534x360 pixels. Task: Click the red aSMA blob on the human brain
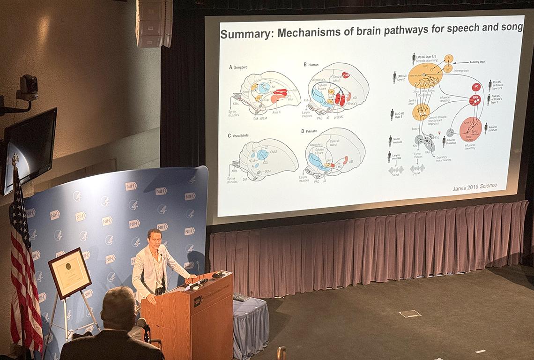(346, 75)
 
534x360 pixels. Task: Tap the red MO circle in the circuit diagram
(475, 87)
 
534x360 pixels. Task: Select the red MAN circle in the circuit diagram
(475, 99)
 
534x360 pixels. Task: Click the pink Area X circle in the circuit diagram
(470, 129)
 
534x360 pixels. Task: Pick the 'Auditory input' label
(477, 62)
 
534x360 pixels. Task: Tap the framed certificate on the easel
(70, 272)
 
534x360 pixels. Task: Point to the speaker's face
(154, 239)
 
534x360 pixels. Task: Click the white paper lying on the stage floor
(409, 314)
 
